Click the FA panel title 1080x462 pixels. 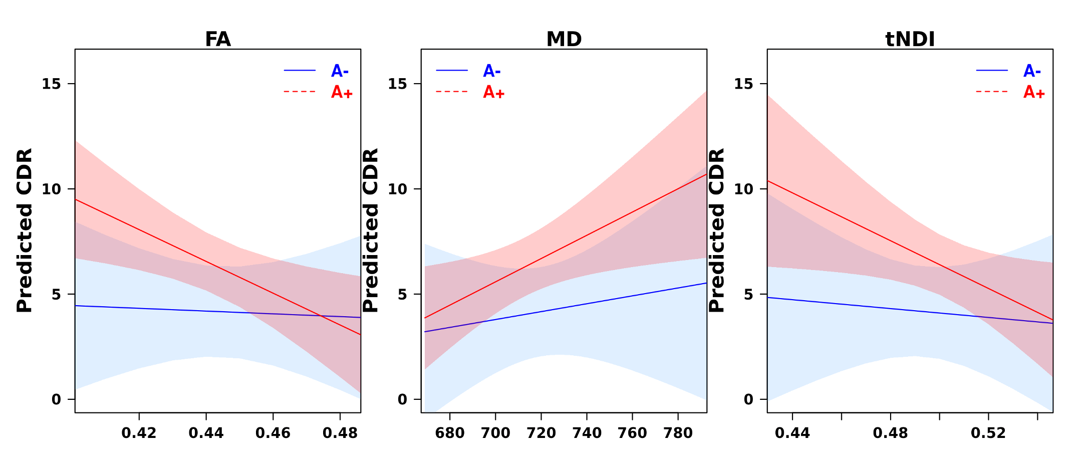click(218, 39)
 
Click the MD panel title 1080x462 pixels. click(564, 39)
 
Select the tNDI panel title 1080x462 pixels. click(910, 39)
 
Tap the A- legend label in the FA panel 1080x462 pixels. click(340, 71)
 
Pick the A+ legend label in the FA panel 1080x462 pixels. click(342, 92)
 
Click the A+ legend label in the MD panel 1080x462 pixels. click(493, 92)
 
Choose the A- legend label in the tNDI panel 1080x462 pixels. click(1032, 71)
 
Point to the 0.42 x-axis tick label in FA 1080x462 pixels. click(139, 433)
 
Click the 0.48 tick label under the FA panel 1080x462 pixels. click(340, 433)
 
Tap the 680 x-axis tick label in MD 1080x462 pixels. click(450, 433)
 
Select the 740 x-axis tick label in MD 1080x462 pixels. click(587, 433)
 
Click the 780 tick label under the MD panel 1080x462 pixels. click(678, 433)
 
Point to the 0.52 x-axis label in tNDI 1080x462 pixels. click(988, 433)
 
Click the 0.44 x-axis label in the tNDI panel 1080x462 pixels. click(792, 433)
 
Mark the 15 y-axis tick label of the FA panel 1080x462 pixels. click(51, 84)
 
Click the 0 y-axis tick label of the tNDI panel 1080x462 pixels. click(748, 400)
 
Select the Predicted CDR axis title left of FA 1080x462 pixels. click(25, 230)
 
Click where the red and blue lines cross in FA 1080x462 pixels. click(320, 316)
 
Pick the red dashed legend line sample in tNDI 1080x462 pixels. click(991, 92)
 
